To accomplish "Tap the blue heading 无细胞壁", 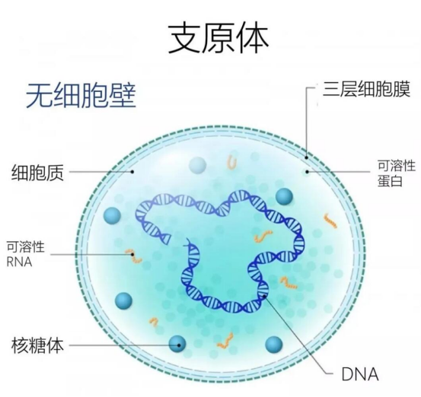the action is coord(81,96).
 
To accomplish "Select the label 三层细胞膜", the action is coord(366,89).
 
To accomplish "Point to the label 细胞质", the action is coord(37,172).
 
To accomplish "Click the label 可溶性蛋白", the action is coord(397,173).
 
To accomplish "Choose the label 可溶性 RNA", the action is coord(26,254).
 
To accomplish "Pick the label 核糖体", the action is coord(37,345).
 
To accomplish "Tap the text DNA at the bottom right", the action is coord(360,373).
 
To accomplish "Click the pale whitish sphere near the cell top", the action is coord(197,165).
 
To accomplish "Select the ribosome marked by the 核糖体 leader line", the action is coord(177,344).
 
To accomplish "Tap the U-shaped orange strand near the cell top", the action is coord(232,163).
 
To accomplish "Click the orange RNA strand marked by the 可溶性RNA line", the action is coord(133,256).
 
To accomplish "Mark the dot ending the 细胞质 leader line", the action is coord(132,172).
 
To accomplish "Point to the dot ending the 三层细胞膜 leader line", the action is coord(307,157).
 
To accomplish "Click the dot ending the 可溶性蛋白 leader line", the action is coord(307,172).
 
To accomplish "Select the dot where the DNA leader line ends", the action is coord(265,296).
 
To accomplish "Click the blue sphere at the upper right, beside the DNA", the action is coord(284,197).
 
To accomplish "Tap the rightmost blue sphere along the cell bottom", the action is coord(274,345).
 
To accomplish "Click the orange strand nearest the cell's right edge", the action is coord(330,221).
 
